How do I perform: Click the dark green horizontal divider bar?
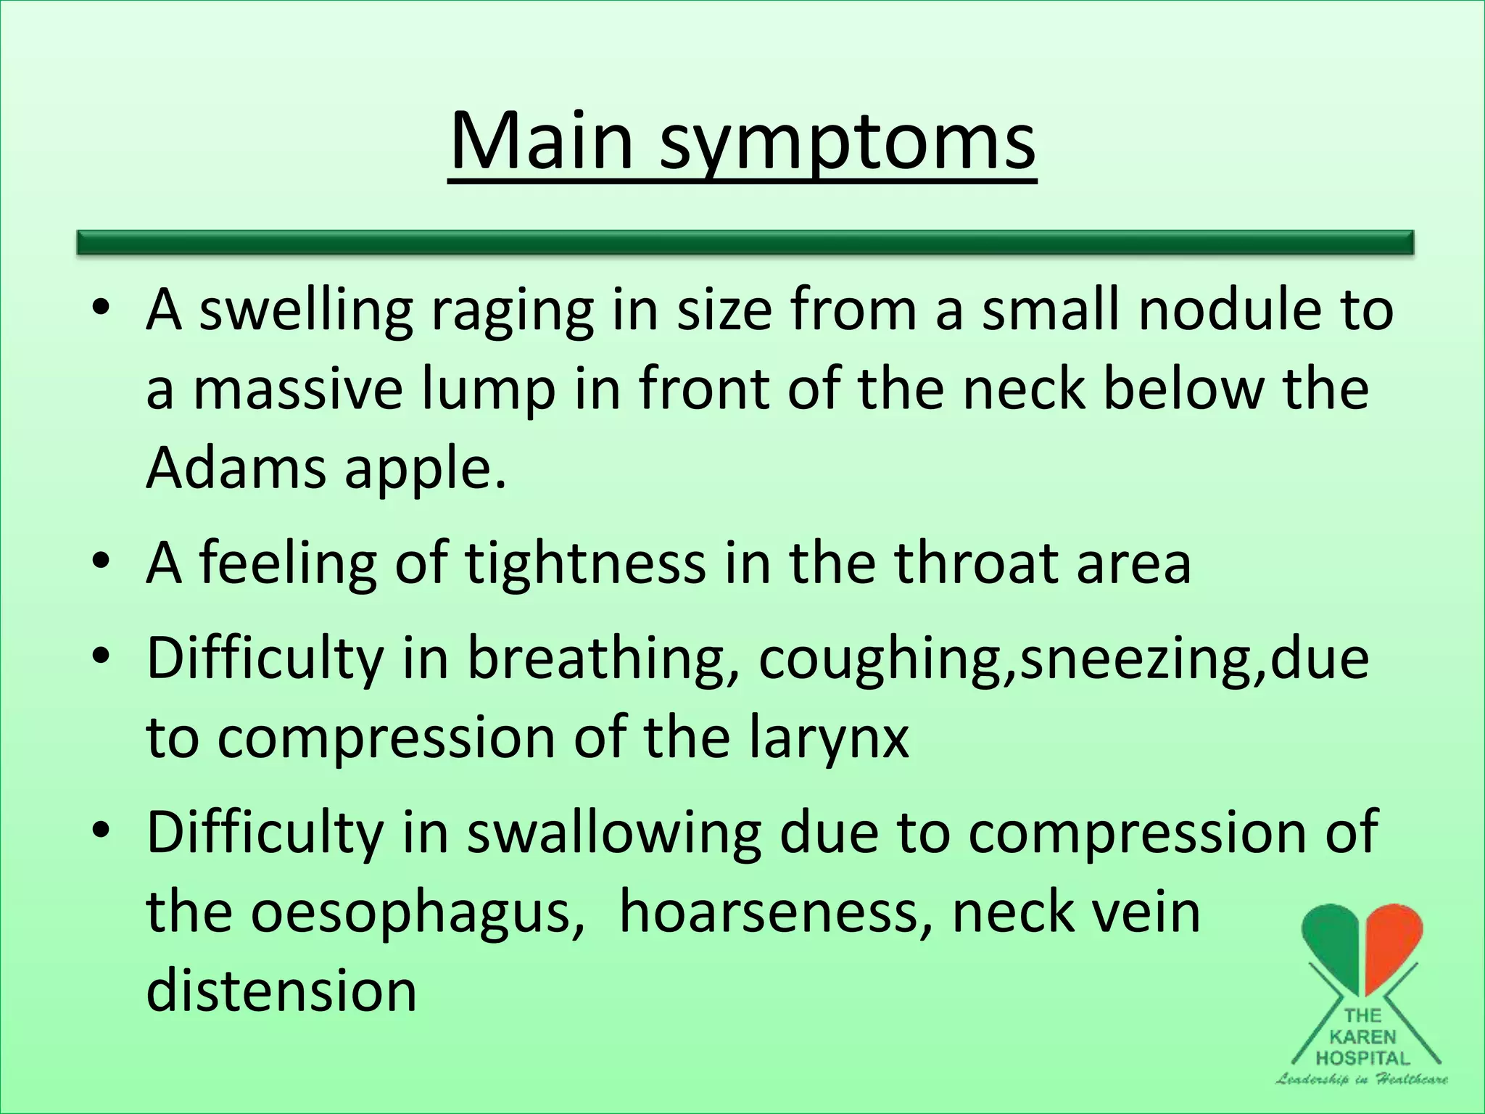(745, 242)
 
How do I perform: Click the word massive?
(297, 389)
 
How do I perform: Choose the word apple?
(424, 471)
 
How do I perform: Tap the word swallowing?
(613, 834)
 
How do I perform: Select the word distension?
(281, 991)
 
